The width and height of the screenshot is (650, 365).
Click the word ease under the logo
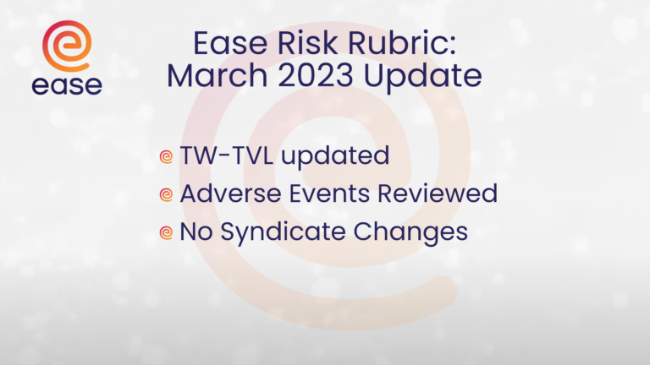coord(67,85)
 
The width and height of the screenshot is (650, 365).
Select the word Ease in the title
coord(230,43)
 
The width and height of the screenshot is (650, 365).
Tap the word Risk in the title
coord(307,43)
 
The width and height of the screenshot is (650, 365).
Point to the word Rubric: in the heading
coord(402,43)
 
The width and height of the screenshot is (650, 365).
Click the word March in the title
coord(218,76)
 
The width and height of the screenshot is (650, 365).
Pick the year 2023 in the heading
coord(316,76)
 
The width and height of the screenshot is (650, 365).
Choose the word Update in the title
coord(423,77)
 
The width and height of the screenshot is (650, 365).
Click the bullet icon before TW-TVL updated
coord(166,156)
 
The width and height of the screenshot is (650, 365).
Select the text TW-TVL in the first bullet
coord(226,155)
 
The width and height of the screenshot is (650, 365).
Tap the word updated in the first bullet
coord(335,157)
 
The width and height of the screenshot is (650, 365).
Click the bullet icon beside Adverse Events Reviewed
coord(166,194)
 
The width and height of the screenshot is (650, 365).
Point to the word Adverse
coord(230,193)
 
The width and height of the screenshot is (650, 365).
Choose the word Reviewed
coord(438,193)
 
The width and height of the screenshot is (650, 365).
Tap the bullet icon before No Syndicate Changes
coord(166,232)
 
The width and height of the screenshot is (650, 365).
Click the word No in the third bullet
coord(196,232)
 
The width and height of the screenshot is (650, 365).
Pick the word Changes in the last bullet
coord(410,232)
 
